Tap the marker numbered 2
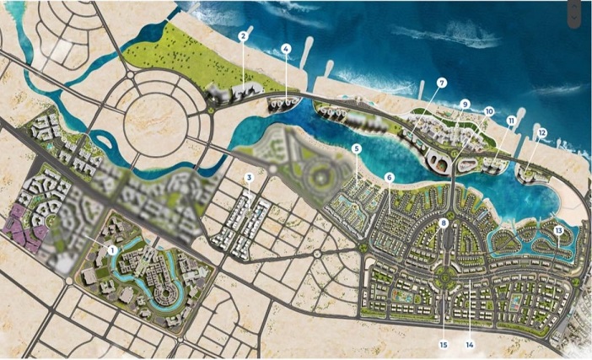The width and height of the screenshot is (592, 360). (243, 35)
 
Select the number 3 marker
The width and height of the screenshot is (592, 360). (250, 178)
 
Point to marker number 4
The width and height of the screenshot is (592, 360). (287, 49)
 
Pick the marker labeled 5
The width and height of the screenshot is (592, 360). (357, 148)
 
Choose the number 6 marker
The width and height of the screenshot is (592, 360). (389, 177)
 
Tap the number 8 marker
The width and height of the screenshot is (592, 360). (444, 223)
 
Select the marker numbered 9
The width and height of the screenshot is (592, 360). (465, 104)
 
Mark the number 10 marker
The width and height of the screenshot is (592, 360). (489, 110)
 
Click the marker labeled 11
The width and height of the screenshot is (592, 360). (511, 121)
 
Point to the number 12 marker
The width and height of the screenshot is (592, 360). (541, 132)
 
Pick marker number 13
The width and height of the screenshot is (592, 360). (558, 231)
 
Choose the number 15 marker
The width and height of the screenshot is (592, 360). (443, 343)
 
